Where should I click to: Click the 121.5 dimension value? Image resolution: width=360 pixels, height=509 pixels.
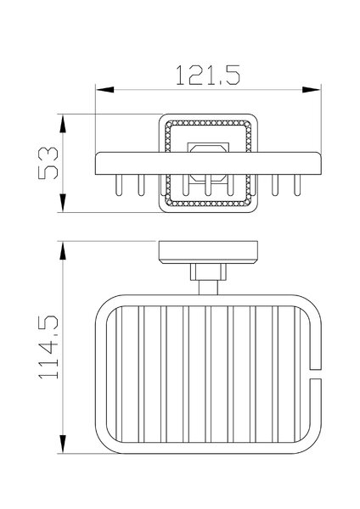208,76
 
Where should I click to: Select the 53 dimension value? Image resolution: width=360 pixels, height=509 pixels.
48,163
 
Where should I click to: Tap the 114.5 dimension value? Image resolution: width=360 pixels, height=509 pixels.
48,347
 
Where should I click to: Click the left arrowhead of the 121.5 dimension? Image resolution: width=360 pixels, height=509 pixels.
105,90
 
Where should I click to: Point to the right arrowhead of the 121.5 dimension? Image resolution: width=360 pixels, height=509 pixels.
311,90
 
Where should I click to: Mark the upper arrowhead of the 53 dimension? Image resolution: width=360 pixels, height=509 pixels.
63,124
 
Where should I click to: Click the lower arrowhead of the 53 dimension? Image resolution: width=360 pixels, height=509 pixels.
63,203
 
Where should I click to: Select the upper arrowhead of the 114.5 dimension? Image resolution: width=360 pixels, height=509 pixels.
63,250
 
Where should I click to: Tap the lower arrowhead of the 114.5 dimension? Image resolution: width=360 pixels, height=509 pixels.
63,444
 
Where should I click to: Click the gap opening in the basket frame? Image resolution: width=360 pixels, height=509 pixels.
316,374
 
